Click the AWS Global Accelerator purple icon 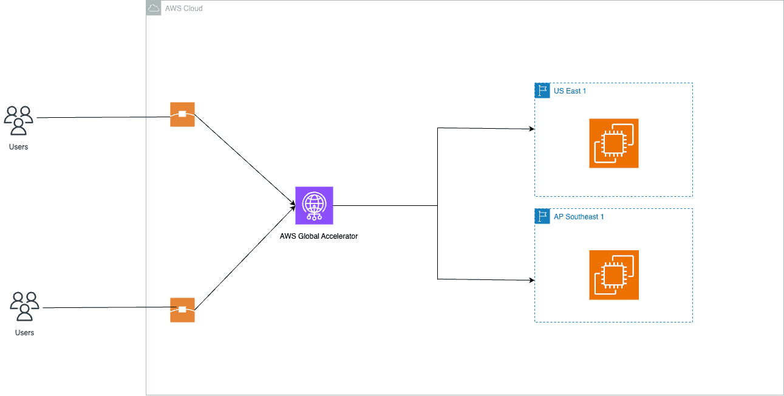pyautogui.click(x=314, y=205)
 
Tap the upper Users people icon pyautogui.click(x=18, y=120)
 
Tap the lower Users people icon pyautogui.click(x=24, y=306)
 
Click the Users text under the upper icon pyautogui.click(x=18, y=147)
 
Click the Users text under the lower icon pyautogui.click(x=24, y=333)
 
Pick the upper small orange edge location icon pyautogui.click(x=182, y=114)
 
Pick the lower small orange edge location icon pyautogui.click(x=182, y=310)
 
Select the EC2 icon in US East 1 pyautogui.click(x=613, y=143)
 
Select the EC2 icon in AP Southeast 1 pyautogui.click(x=613, y=275)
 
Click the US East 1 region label pyautogui.click(x=570, y=91)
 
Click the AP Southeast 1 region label pyautogui.click(x=579, y=217)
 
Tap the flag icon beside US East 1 pyautogui.click(x=542, y=90)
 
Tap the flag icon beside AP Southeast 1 pyautogui.click(x=542, y=216)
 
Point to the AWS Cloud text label pyautogui.click(x=184, y=9)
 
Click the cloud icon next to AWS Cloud pyautogui.click(x=154, y=8)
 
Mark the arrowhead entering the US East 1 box pyautogui.click(x=531, y=129)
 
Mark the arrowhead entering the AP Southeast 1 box pyautogui.click(x=531, y=280)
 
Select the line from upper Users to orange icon pyautogui.click(x=103, y=117)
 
